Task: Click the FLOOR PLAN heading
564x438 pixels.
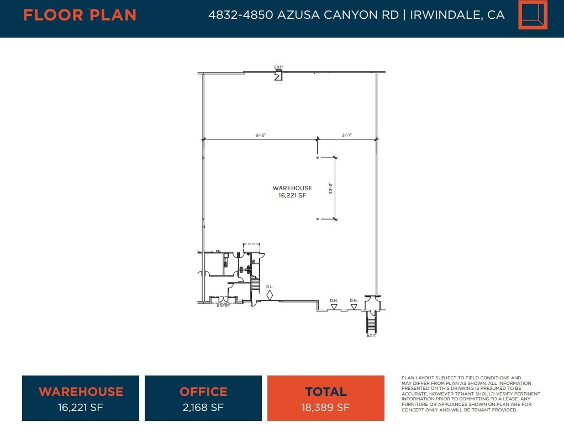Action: (80, 15)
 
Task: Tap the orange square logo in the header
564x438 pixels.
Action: (533, 15)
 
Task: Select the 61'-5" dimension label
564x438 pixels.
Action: (261, 135)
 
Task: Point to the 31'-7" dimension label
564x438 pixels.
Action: (347, 135)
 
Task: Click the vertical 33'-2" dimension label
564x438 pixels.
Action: (330, 189)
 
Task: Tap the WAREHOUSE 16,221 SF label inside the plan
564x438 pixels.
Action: (292, 191)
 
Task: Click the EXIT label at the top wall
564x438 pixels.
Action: (278, 67)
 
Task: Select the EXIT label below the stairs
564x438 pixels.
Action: (371, 335)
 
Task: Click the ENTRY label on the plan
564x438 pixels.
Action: (224, 306)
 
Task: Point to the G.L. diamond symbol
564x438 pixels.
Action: (270, 295)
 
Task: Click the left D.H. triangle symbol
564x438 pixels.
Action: (334, 306)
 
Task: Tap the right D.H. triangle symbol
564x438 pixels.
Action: (354, 306)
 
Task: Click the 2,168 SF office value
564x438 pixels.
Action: (203, 408)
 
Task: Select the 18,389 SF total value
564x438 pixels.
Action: (326, 408)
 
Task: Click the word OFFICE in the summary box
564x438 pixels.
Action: (203, 392)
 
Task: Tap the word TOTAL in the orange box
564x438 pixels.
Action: (326, 392)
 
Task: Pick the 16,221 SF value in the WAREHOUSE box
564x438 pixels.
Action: (81, 408)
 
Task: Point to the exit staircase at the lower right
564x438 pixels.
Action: (371, 321)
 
